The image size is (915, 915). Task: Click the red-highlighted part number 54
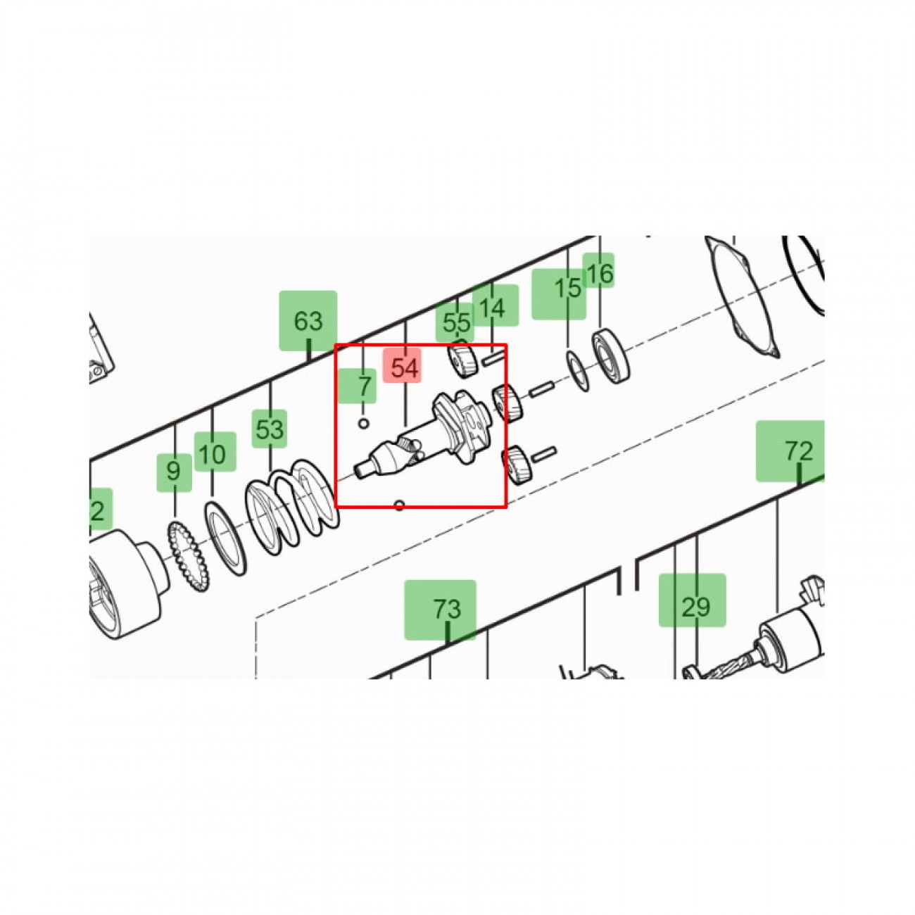[402, 367]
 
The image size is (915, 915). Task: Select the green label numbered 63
[308, 320]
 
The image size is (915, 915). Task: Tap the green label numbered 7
[357, 386]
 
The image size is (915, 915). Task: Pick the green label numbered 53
[270, 429]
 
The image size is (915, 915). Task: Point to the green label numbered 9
[175, 472]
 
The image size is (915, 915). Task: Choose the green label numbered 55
[455, 322]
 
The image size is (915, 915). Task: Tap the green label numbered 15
[559, 294]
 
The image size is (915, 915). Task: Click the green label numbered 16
[598, 270]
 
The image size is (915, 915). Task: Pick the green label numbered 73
[440, 610]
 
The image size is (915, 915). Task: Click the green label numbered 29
[693, 600]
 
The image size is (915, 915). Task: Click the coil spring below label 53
[293, 507]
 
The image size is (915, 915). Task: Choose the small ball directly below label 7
[364, 423]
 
